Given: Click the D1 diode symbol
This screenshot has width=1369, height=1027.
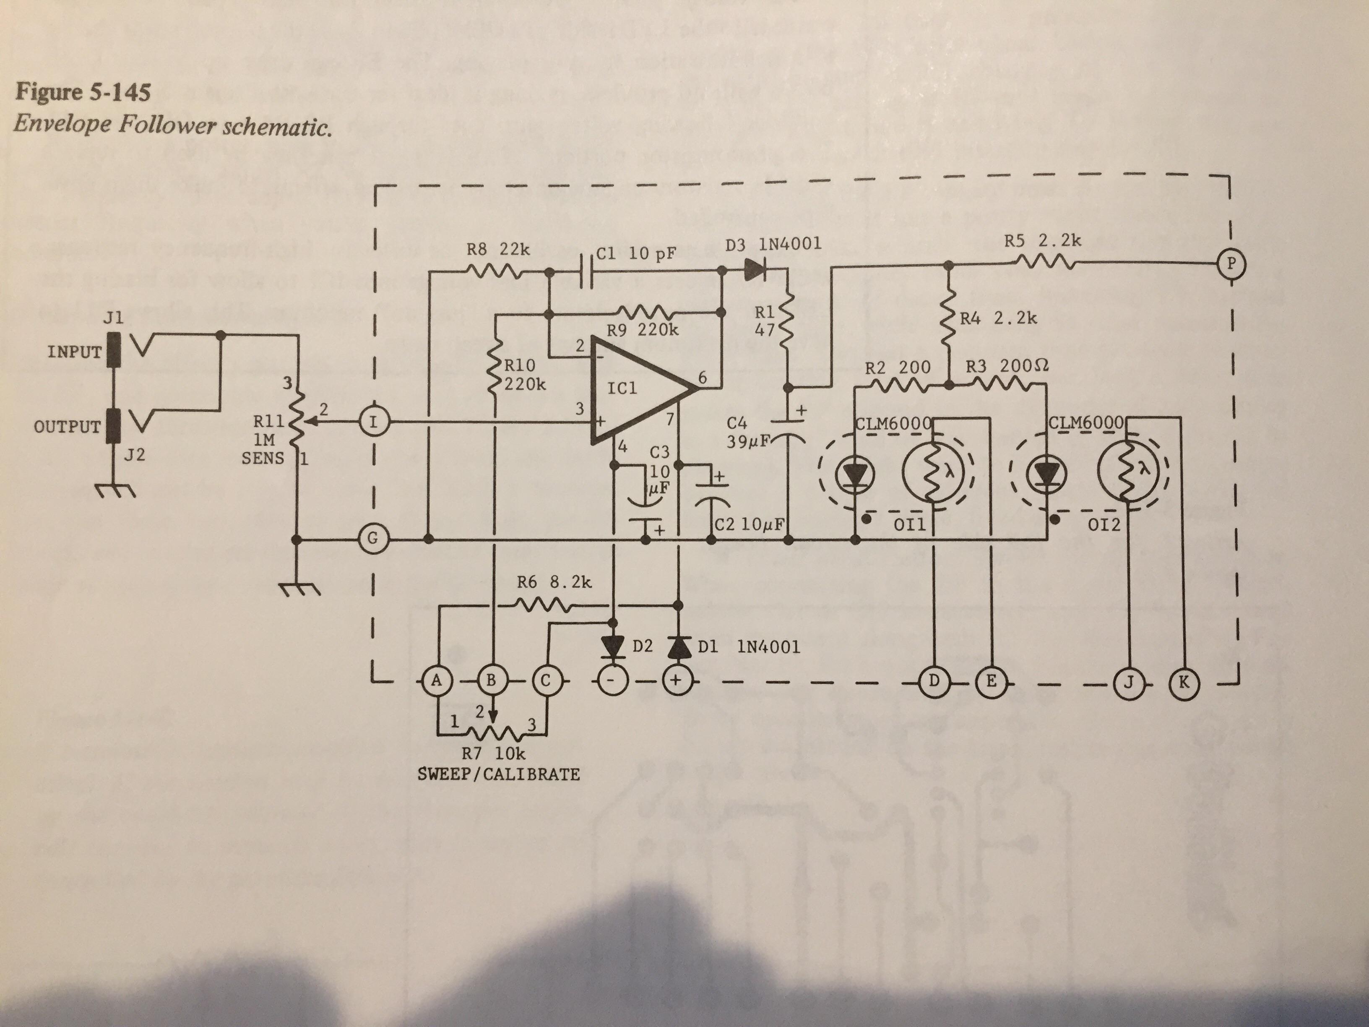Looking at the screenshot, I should (x=677, y=647).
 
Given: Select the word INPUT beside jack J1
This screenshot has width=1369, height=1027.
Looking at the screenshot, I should (x=74, y=352).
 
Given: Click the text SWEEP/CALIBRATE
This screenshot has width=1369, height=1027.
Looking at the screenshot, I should (x=499, y=774).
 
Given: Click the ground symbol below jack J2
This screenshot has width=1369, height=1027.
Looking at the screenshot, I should (x=115, y=491).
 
